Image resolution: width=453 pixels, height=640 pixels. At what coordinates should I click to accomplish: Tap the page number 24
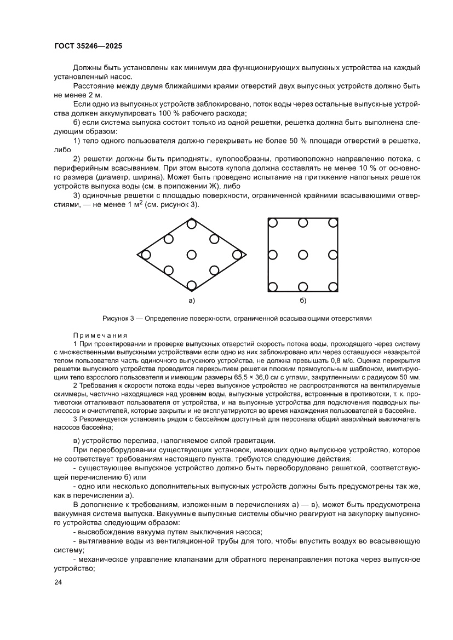pos(58,582)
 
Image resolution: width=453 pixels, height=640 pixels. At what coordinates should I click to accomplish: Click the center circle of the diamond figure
pos(191,255)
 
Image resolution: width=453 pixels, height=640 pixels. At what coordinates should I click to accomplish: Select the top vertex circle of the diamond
pos(191,223)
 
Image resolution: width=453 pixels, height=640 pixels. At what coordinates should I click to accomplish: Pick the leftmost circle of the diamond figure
pos(146,255)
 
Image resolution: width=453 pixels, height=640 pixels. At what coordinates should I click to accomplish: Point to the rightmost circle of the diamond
pos(237,255)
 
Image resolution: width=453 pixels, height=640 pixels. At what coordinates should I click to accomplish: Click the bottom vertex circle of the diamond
pos(191,285)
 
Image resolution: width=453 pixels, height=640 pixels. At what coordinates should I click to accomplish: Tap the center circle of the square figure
pos(302,255)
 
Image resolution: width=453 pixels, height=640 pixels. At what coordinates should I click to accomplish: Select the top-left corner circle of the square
pos(272,222)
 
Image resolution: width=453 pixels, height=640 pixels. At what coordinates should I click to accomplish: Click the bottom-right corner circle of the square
pos(332,286)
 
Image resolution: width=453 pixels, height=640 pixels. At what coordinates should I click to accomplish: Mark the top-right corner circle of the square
pos(332,222)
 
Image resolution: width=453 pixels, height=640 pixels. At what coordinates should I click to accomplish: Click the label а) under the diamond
pos(191,301)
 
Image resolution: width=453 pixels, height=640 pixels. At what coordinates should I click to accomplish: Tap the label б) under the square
pos(303,301)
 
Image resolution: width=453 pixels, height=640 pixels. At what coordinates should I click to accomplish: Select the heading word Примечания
pos(100,335)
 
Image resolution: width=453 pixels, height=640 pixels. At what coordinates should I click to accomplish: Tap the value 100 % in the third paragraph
pos(152,113)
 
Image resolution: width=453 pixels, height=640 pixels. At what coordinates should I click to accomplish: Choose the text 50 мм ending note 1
pos(410,378)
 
